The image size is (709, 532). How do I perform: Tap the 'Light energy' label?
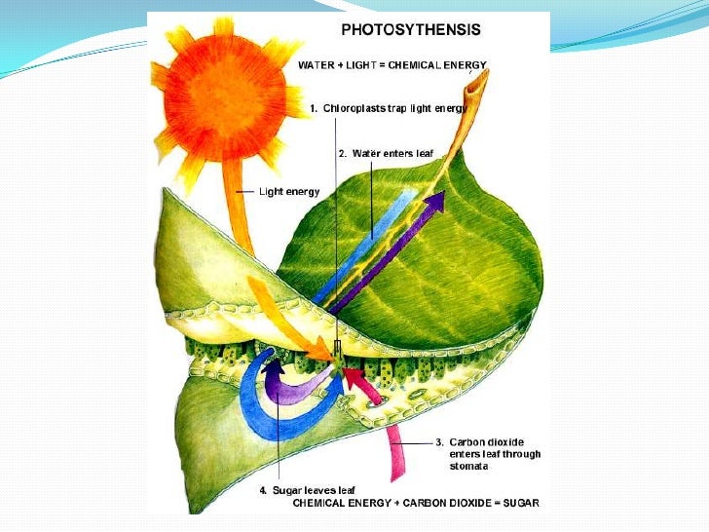pos(289,192)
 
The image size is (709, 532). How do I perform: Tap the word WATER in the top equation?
pos(317,64)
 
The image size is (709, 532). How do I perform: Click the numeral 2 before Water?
pos(341,153)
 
